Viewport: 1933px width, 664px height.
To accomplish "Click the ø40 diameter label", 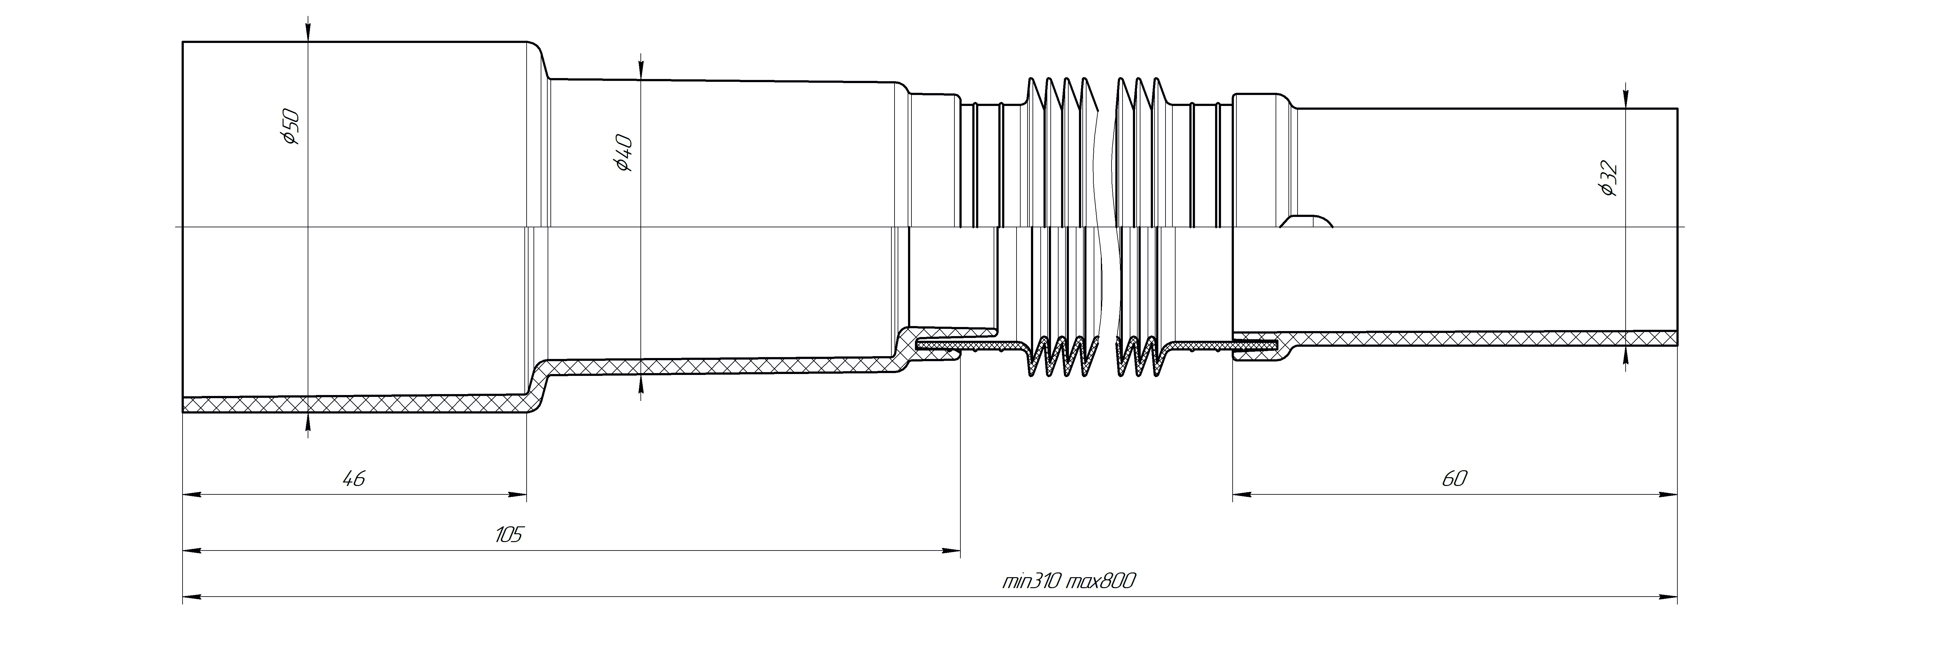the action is pyautogui.click(x=623, y=153).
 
